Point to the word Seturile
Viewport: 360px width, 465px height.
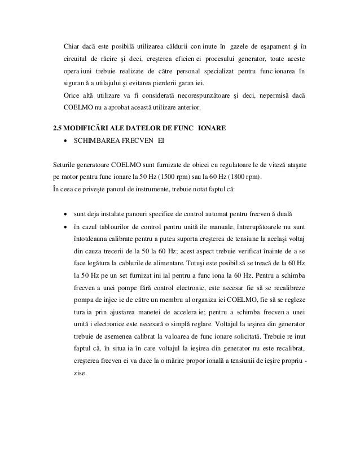tap(64, 166)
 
